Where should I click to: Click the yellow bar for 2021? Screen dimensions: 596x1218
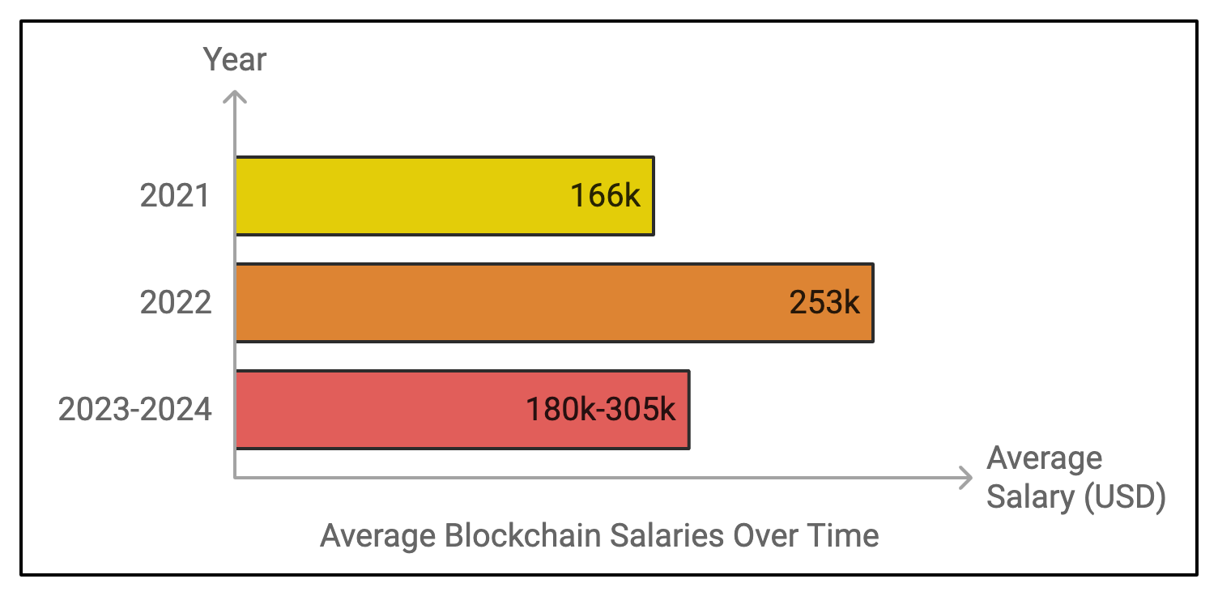pos(405,196)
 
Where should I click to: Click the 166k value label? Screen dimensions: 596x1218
pos(605,196)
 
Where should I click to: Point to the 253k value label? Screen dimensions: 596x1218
pos(824,303)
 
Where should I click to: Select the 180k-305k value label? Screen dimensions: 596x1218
pos(600,410)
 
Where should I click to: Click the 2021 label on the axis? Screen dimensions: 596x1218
pos(175,196)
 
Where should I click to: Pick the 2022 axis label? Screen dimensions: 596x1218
pos(175,303)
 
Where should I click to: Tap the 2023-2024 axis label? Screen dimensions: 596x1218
pos(134,410)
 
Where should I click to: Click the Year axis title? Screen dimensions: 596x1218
pos(234,60)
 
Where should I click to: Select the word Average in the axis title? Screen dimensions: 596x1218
pos(1044,459)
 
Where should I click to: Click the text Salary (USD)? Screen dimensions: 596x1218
pos(1075,496)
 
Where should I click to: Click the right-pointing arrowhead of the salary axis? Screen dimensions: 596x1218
pos(965,478)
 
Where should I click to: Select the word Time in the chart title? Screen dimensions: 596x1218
pos(845,536)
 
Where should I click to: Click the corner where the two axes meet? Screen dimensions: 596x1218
pos(235,478)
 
